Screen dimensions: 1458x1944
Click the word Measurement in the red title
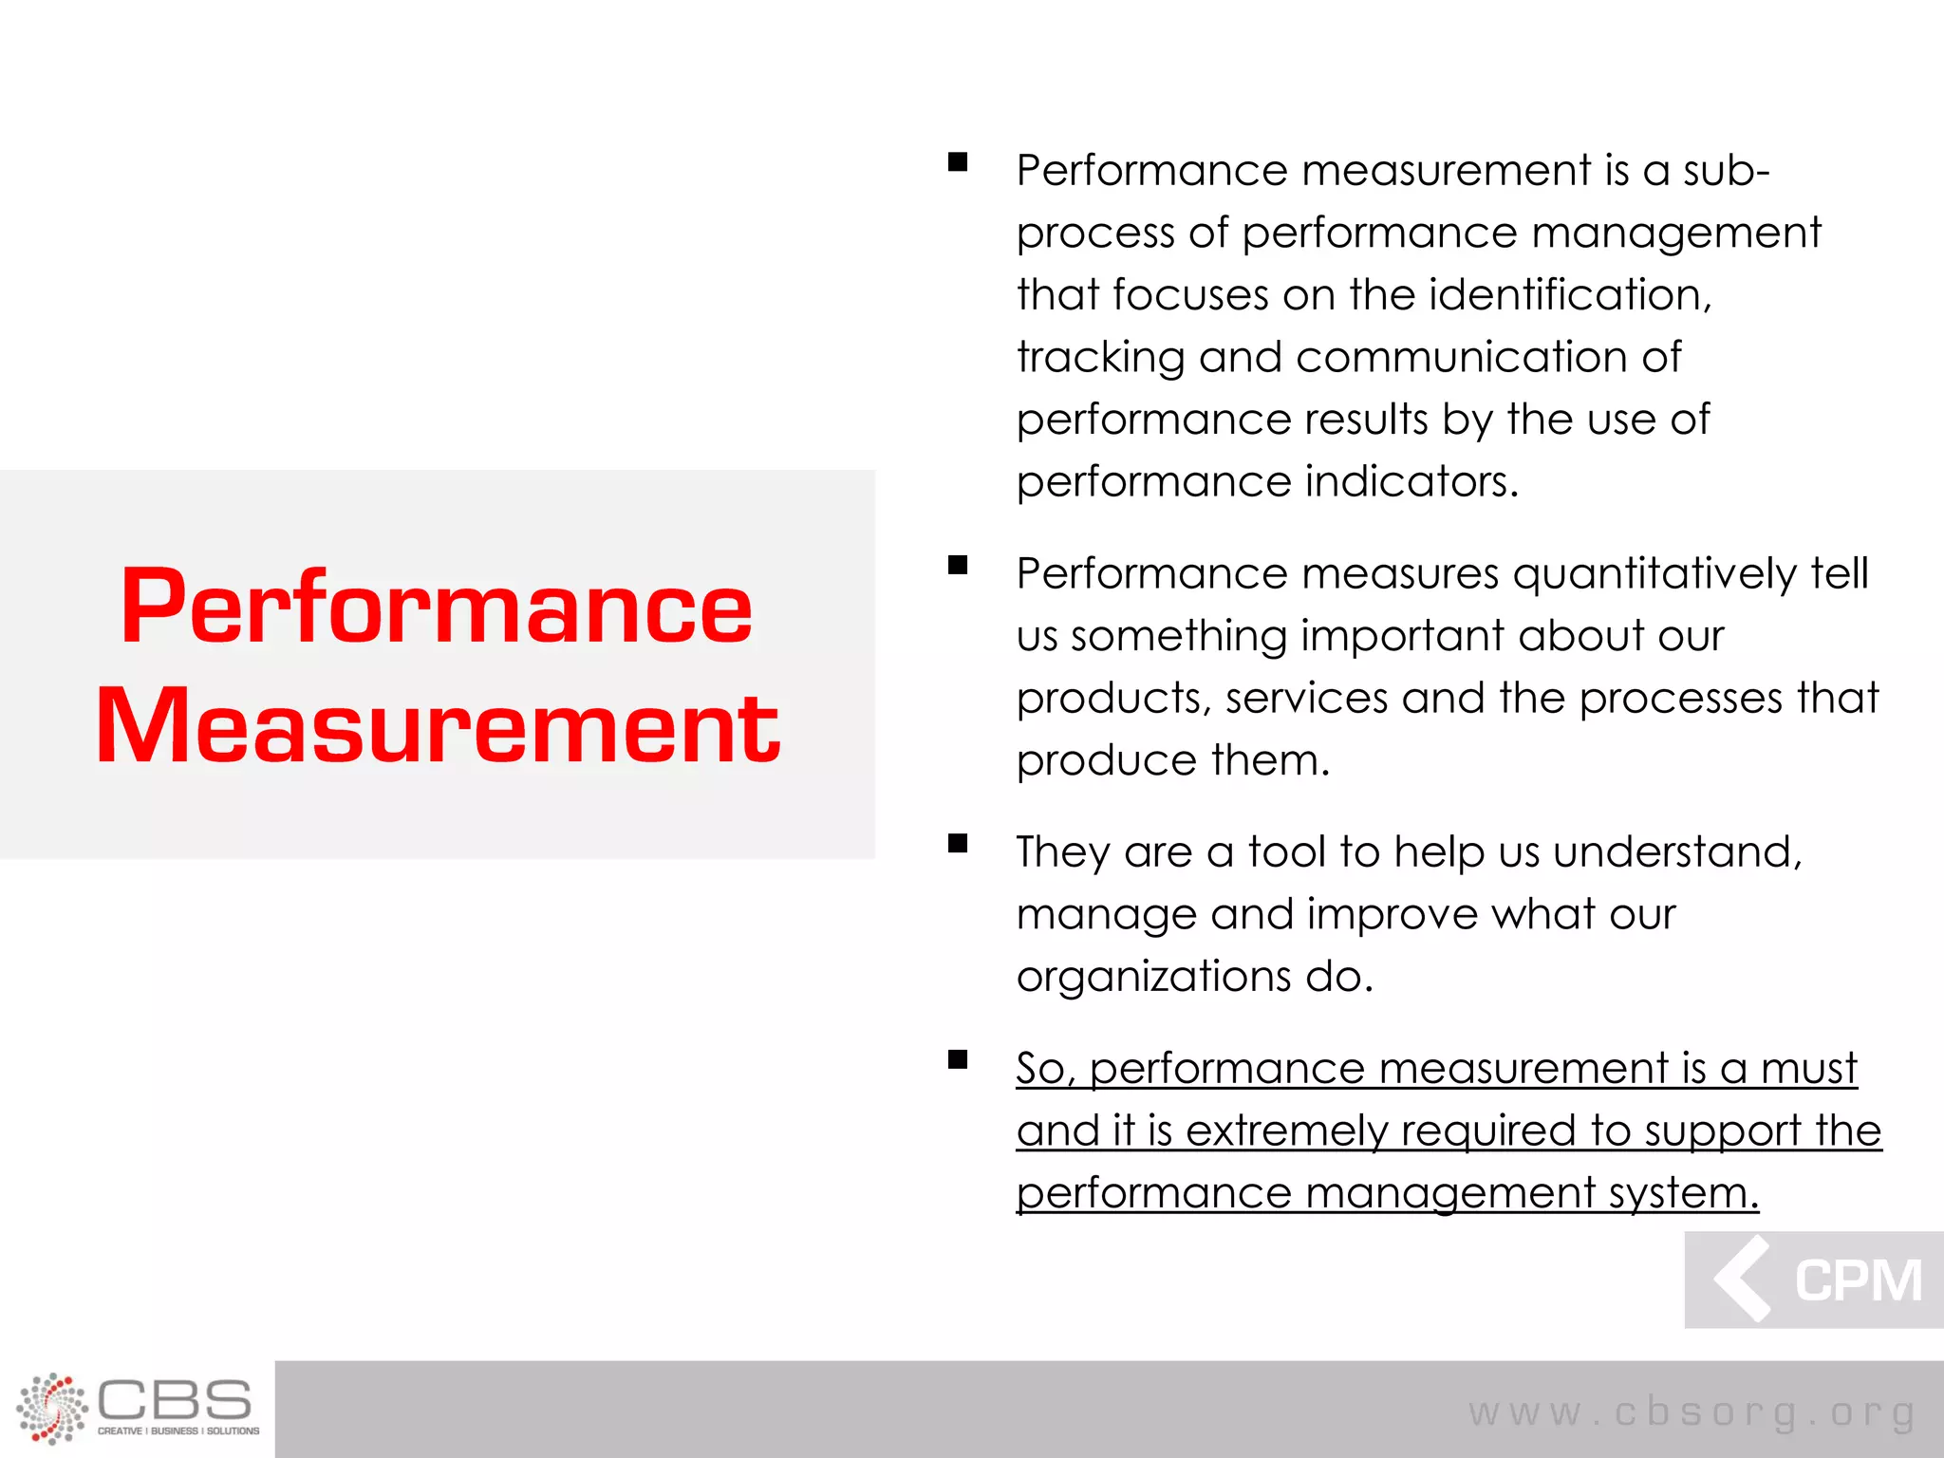pos(438,725)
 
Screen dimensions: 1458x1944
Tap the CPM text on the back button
pos(1858,1280)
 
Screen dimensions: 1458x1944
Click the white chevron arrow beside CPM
pos(1743,1279)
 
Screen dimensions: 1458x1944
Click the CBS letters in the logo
pos(175,1400)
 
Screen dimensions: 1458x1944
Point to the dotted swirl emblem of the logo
pos(51,1408)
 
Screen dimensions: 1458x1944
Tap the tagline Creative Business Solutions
pos(178,1431)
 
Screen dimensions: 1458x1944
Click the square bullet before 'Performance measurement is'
pos(958,161)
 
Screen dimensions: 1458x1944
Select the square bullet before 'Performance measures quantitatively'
pos(958,566)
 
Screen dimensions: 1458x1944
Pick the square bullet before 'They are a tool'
pos(958,843)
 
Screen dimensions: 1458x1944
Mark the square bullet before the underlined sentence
pos(958,1059)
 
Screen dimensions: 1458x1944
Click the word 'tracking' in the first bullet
pos(1100,358)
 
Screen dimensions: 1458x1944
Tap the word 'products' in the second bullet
pos(1113,699)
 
